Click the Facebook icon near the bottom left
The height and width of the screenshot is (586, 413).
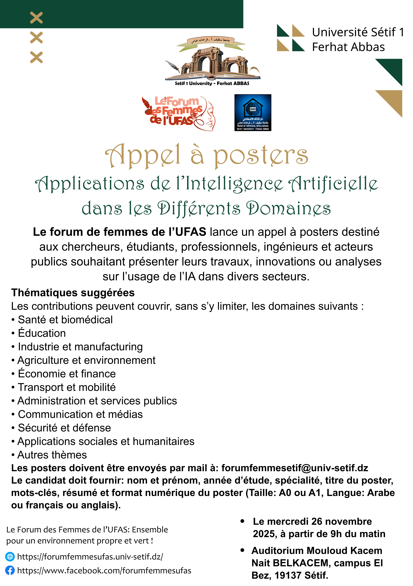pos(10,570)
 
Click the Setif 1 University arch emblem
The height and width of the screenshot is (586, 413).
pos(212,61)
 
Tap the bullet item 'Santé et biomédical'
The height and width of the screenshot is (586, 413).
pos(65,320)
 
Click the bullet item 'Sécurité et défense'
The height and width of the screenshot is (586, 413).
pos(64,428)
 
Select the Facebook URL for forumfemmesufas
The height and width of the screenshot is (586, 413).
pos(104,570)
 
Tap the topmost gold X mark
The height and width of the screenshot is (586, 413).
pos(36,18)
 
